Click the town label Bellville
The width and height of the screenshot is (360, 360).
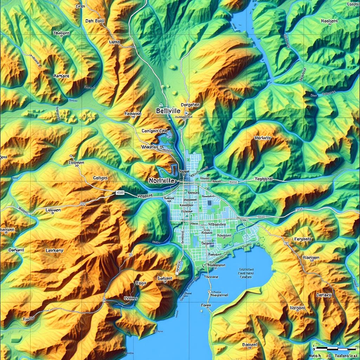pyautogui.click(x=168, y=111)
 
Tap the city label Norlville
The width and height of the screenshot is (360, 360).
pyautogui.click(x=161, y=180)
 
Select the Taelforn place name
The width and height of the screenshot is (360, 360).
pyautogui.click(x=61, y=33)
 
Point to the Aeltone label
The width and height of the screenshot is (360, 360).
pyautogui.click(x=61, y=76)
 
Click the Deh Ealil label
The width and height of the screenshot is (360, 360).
pyautogui.click(x=95, y=21)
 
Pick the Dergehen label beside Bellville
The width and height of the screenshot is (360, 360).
pyautogui.click(x=190, y=105)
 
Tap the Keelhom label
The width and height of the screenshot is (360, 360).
pyautogui.click(x=329, y=21)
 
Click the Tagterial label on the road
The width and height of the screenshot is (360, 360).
pyautogui.click(x=263, y=179)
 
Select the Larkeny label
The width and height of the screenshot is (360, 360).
pyautogui.click(x=54, y=251)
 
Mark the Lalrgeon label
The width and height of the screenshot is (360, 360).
pyautogui.click(x=53, y=210)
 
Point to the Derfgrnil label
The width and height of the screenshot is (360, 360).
pyautogui.click(x=16, y=250)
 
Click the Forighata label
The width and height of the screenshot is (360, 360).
pyautogui.click(x=302, y=239)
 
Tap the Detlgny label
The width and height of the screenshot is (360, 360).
pyautogui.click(x=324, y=295)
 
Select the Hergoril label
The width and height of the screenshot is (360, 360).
pyautogui.click(x=297, y=308)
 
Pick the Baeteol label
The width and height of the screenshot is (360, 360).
pyautogui.click(x=250, y=345)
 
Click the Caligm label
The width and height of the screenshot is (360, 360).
pyautogui.click(x=100, y=178)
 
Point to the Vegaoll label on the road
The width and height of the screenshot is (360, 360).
pyautogui.click(x=145, y=195)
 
